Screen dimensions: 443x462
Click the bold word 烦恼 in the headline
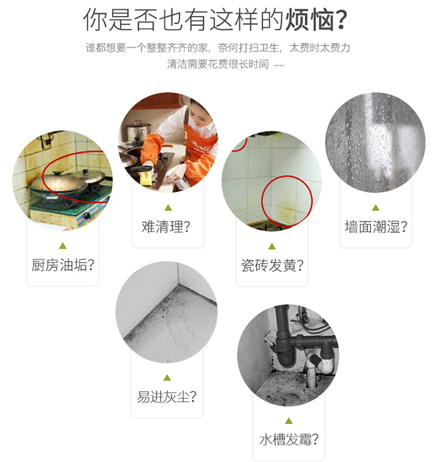coord(310,20)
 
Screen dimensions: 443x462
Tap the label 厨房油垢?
coord(63,265)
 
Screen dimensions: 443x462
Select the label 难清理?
coord(166,227)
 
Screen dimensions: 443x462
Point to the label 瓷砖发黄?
coord(272,265)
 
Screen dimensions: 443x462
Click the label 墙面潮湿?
coord(376,227)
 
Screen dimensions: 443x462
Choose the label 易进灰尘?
coord(167,397)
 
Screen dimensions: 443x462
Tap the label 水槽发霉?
coord(289,440)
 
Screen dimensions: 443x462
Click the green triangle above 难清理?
coord(168,208)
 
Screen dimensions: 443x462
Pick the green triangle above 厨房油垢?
coord(63,246)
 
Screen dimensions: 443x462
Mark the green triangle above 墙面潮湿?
coord(376,208)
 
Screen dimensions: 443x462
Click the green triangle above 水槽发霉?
coord(289,421)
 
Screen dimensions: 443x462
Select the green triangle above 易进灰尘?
coord(167,378)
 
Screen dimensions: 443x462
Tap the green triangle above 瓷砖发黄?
coord(272,246)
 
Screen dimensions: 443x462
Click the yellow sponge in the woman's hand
coord(146,178)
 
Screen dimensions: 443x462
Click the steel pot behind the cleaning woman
coord(138,131)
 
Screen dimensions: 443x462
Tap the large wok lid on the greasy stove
coord(58,183)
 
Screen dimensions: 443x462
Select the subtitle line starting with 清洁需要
coord(225,64)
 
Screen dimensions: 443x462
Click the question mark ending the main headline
coord(341,20)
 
